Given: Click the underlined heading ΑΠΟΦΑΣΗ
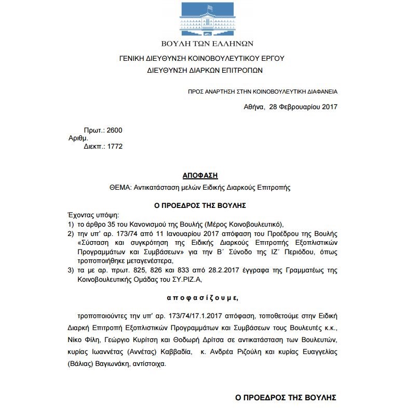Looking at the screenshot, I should [x=200, y=176].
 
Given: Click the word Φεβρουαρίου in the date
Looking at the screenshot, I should [x=301, y=107].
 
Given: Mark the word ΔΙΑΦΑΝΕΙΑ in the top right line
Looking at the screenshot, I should [x=318, y=91].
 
